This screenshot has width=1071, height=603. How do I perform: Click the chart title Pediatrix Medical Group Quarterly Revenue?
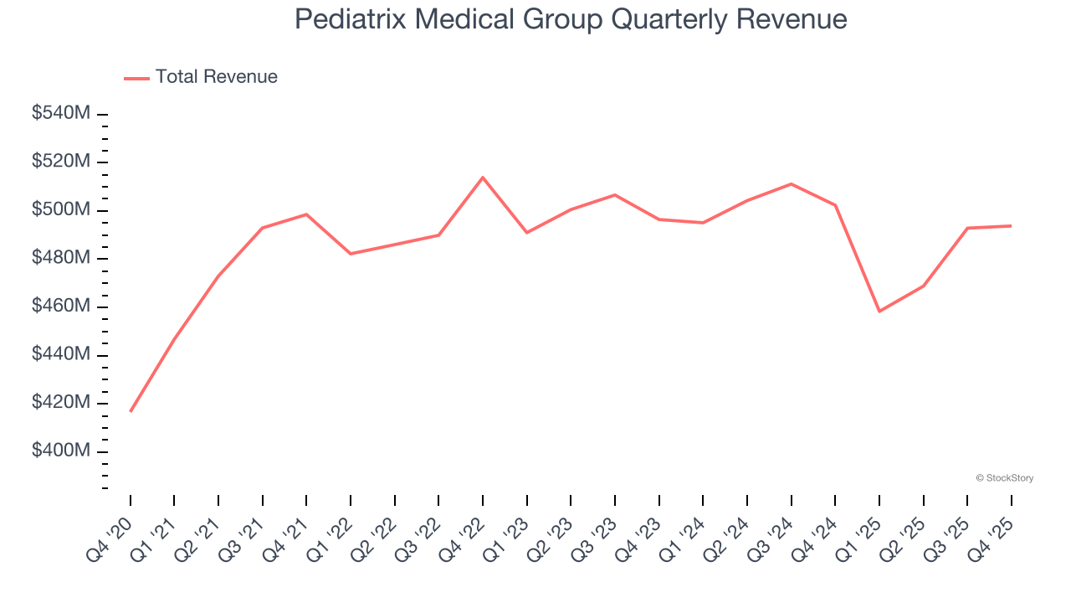click(x=571, y=19)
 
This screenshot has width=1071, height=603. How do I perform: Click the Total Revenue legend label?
click(x=216, y=77)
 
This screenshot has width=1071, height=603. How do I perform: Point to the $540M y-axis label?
click(x=60, y=113)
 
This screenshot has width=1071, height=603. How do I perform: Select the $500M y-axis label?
click(x=60, y=209)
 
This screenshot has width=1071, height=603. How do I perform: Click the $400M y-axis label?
click(x=60, y=451)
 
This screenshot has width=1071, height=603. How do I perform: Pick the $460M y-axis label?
click(x=60, y=307)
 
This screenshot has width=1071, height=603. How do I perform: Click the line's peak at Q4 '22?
click(x=483, y=178)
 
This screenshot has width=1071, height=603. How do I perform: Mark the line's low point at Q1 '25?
click(x=879, y=312)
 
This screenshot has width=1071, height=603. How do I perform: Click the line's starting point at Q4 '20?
click(x=131, y=411)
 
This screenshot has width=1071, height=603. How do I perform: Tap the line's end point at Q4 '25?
click(x=1011, y=225)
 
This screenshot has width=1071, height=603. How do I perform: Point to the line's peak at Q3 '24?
click(x=791, y=183)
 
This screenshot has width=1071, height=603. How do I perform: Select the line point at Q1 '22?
click(x=351, y=254)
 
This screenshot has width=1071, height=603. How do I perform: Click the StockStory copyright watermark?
click(x=1004, y=478)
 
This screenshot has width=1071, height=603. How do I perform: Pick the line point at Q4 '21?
click(x=306, y=214)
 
